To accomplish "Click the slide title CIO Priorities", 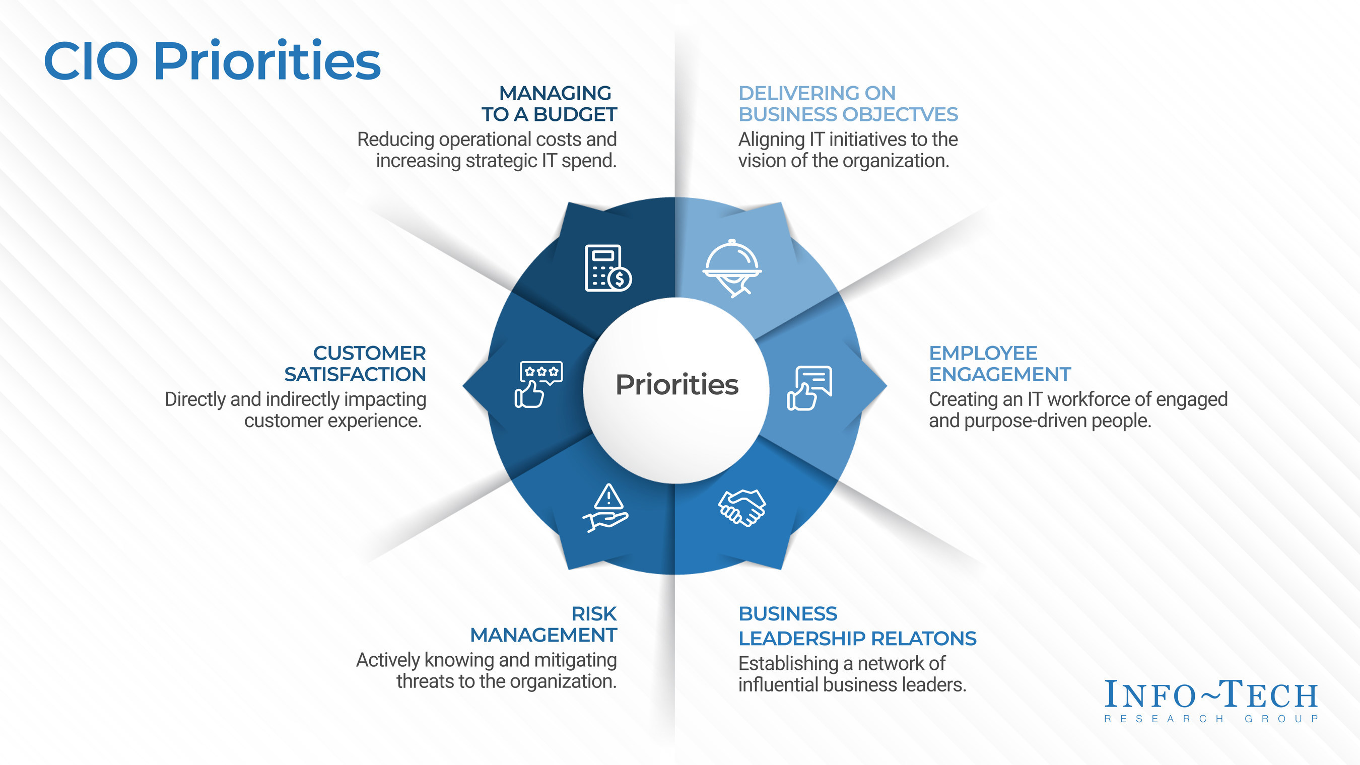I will pyautogui.click(x=212, y=61).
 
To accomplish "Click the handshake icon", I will pyautogui.click(x=742, y=507).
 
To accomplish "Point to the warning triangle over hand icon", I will pyautogui.click(x=606, y=507).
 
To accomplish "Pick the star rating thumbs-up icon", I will pyautogui.click(x=538, y=384).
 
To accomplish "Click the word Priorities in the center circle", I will pyautogui.click(x=677, y=384).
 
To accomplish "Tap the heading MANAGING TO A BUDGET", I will pyautogui.click(x=549, y=103).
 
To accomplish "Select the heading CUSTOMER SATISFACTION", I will pyautogui.click(x=355, y=363).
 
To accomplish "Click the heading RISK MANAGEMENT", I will pyautogui.click(x=544, y=624).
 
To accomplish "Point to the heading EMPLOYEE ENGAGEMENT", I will pyautogui.click(x=999, y=363).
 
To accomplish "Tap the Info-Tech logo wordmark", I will pyautogui.click(x=1211, y=694).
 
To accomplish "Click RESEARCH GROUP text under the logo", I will pyautogui.click(x=1211, y=719).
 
